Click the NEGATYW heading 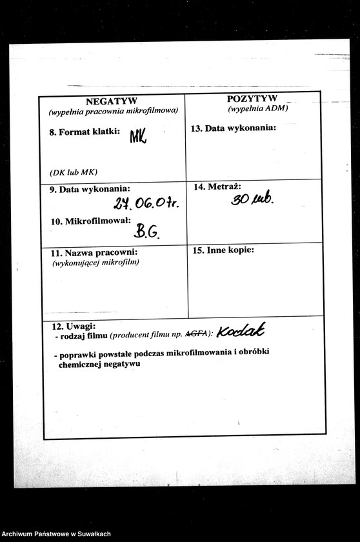pyautogui.click(x=111, y=101)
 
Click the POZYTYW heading pyautogui.click(x=252, y=99)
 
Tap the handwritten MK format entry pyautogui.click(x=138, y=135)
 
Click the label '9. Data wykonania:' pyautogui.click(x=90, y=189)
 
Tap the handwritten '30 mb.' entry pyautogui.click(x=253, y=199)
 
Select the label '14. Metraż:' pyautogui.click(x=217, y=186)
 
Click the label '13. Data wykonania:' pyautogui.click(x=234, y=128)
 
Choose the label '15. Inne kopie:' pyautogui.click(x=223, y=250)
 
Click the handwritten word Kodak pyautogui.click(x=241, y=332)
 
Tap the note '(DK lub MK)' pyautogui.click(x=73, y=172)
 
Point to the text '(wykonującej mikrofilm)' pyautogui.click(x=95, y=262)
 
